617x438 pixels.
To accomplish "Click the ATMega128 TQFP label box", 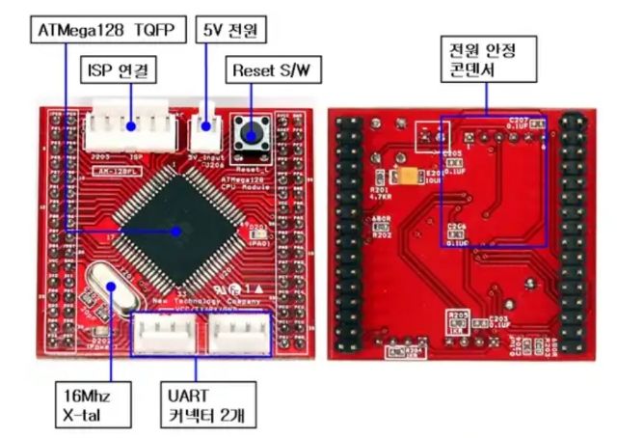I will tap(105, 30).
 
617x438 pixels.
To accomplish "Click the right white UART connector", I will tap(241, 334).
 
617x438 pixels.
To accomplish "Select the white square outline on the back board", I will tap(423, 136).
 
